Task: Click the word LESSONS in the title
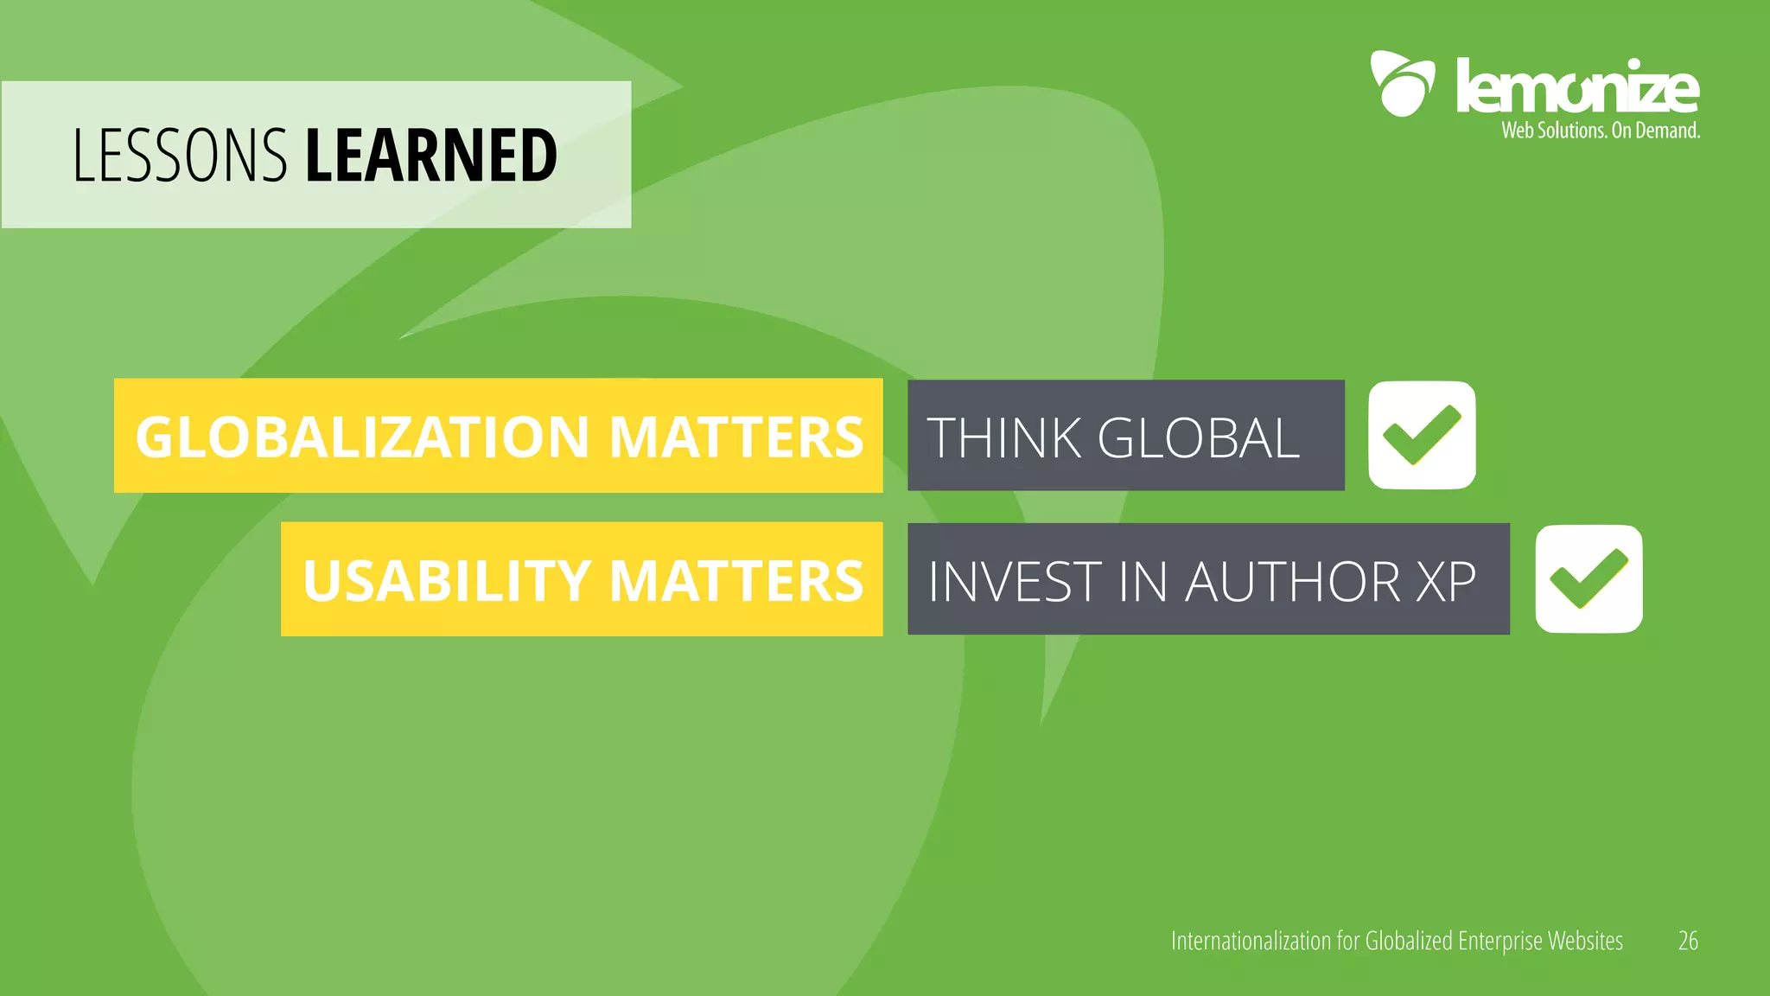179,156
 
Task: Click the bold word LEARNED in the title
431,156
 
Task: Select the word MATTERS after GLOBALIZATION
736,437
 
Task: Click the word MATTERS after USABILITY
736,580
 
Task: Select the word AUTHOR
1293,582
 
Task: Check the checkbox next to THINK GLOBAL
1422,435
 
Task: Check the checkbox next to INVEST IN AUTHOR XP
1589,578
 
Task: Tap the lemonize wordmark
1577,86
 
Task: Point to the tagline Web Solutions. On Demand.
1601,131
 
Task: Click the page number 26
1688,941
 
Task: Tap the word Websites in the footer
1585,941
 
